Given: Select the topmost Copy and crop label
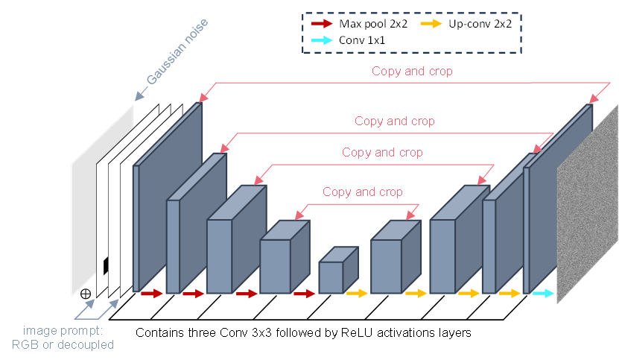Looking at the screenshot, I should (x=413, y=72).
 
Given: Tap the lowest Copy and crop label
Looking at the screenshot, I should (x=363, y=192).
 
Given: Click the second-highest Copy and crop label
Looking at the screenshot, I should (x=395, y=121).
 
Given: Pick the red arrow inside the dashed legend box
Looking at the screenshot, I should (x=323, y=23).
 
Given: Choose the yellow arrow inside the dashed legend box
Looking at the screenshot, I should (x=431, y=24).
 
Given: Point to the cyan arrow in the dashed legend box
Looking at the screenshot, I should (x=323, y=41).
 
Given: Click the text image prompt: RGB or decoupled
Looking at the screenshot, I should (x=63, y=338).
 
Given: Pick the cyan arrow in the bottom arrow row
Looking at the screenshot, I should (x=544, y=294).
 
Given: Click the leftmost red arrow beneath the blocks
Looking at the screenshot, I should (x=152, y=294).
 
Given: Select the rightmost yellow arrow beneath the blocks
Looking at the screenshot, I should (x=510, y=294).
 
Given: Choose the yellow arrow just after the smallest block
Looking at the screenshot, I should (x=358, y=294).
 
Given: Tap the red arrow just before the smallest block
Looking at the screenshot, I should (x=305, y=294).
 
